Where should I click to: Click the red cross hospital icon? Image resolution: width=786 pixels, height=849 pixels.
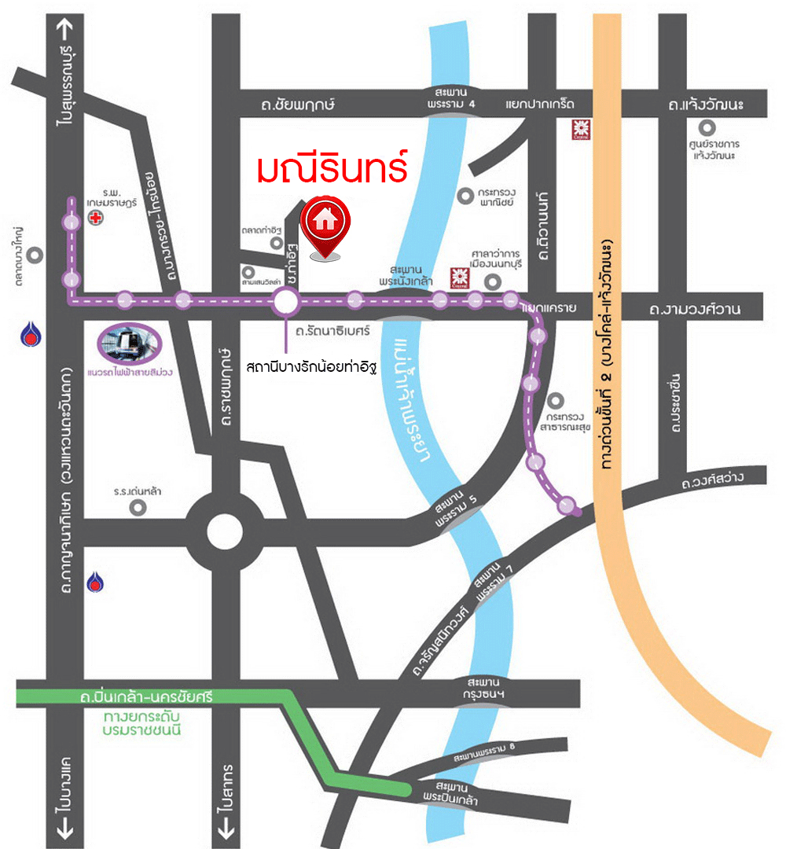click(95, 218)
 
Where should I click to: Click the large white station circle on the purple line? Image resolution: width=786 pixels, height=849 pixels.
click(285, 300)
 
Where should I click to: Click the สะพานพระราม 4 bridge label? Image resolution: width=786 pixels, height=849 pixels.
click(451, 98)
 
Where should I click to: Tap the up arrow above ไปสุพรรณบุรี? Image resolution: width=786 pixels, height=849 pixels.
click(65, 28)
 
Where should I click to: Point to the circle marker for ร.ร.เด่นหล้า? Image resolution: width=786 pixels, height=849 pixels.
click(138, 507)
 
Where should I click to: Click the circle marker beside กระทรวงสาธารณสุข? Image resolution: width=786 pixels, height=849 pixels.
click(558, 399)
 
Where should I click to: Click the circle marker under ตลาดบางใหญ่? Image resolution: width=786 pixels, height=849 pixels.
click(34, 255)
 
